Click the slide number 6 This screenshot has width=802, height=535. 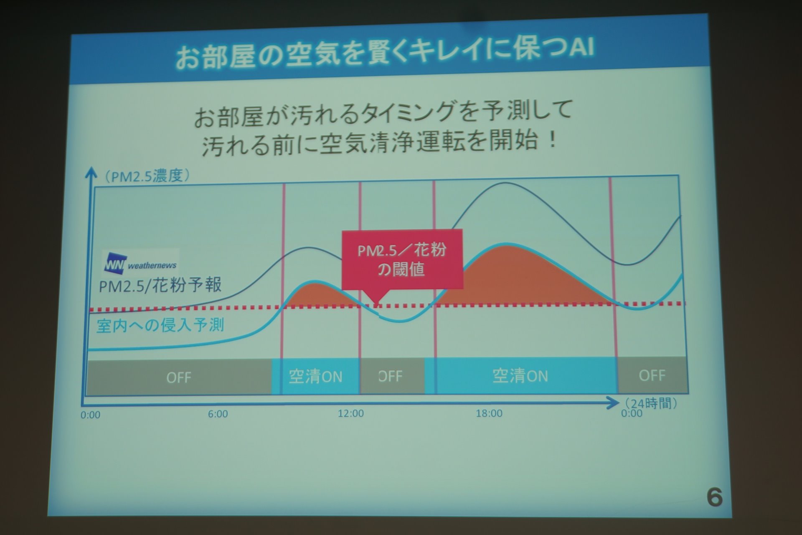pos(714,497)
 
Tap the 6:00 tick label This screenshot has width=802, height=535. pos(218,414)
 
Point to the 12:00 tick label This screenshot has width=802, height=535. pos(351,413)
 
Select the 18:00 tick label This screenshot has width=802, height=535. pos(489,413)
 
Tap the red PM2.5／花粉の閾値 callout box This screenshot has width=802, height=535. pos(402,259)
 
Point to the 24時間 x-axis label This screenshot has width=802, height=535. pos(651,403)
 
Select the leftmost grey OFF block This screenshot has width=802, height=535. pos(179,377)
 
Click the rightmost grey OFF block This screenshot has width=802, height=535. pos(652,375)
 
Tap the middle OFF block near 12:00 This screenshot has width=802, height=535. pos(392,376)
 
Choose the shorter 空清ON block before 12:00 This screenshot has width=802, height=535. pos(316,377)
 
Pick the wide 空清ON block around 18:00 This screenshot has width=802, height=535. pos(520,375)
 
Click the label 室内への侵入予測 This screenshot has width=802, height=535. pos(160,325)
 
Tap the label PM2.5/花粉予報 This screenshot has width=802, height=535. pos(160,285)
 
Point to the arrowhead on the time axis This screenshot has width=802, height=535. pos(613,403)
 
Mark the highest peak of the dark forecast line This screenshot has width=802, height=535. pos(505,183)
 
